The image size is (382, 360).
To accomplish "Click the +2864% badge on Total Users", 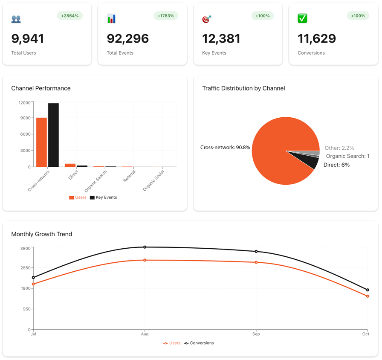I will click(70, 16).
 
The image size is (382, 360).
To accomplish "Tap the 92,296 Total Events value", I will click(127, 39).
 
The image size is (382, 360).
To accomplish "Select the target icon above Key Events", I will click(207, 19).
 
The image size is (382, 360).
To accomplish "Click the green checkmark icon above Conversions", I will click(302, 18).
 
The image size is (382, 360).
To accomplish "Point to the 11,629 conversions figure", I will click(317, 39).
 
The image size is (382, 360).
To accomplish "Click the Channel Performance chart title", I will click(41, 88).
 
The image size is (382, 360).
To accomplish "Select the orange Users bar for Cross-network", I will click(41, 142).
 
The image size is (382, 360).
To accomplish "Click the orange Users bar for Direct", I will click(70, 165).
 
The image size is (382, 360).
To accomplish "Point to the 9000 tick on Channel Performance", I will click(25, 118).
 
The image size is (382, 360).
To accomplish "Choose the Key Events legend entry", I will click(103, 197).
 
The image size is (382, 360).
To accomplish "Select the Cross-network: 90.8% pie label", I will click(225, 148).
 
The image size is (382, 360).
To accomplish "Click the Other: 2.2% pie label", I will click(339, 148).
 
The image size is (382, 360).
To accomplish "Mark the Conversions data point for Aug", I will click(145, 247).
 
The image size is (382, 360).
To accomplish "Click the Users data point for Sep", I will click(256, 262).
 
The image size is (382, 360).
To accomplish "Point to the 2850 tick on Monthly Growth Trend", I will click(25, 268).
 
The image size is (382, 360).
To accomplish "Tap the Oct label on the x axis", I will click(366, 334).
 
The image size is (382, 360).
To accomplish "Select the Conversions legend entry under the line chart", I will click(199, 343).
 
